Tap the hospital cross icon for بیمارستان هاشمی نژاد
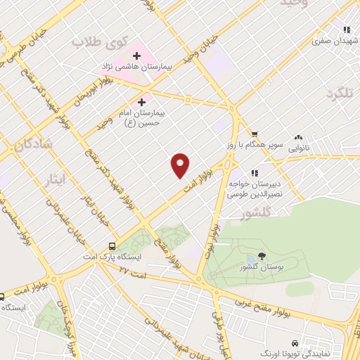[137, 55]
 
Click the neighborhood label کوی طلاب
[98, 44]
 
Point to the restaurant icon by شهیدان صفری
[346, 30]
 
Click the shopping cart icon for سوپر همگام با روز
[255, 134]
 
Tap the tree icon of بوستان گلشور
[262, 257]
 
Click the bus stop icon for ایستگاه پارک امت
[112, 246]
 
